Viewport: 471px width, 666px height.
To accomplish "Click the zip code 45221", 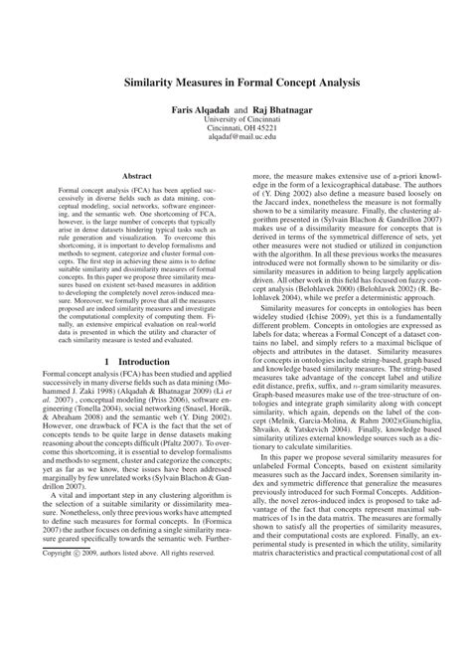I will click(x=268, y=137).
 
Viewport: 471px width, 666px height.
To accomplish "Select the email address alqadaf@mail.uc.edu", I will click(x=235, y=147).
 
